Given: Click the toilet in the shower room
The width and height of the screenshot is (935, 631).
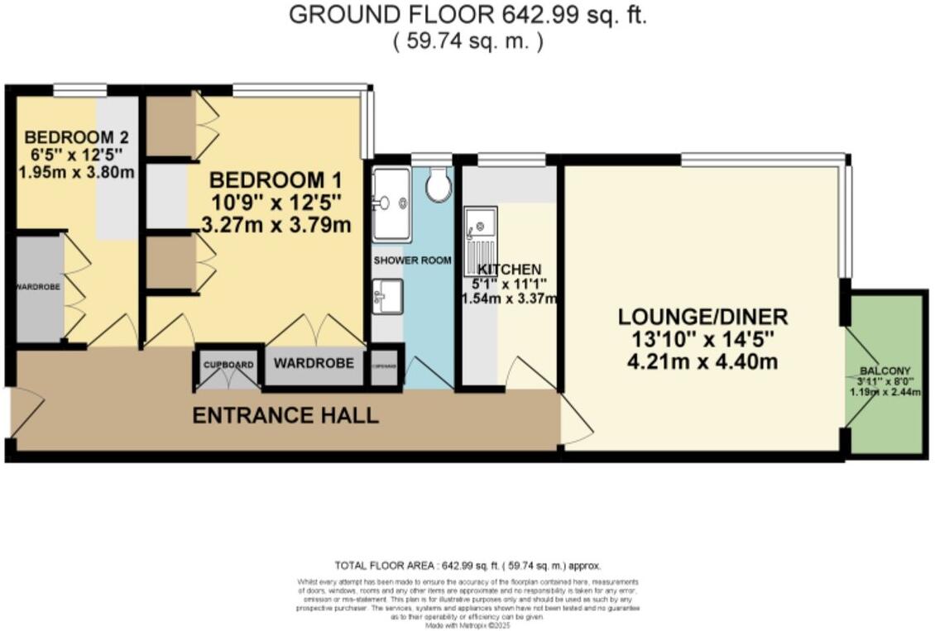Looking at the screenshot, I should pos(439,185).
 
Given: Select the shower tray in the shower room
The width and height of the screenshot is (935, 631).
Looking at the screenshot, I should pos(391,203).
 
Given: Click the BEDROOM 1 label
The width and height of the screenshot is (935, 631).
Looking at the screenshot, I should pos(276,180).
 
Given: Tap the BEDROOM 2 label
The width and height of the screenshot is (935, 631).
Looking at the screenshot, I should pos(74,137).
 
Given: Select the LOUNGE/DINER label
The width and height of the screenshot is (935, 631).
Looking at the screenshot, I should pos(703,317).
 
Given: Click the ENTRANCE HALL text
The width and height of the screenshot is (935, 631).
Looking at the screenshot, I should pos(285,415).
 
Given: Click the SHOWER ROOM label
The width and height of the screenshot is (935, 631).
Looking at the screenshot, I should pos(413,261).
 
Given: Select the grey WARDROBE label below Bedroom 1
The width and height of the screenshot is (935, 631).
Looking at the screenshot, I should pos(314,363).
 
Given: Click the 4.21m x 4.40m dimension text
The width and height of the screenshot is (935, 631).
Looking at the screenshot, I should pos(703,361).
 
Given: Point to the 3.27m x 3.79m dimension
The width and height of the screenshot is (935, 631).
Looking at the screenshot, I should pos(276,224).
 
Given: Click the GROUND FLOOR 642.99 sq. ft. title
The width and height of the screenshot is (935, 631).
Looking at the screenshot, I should pos(467,15).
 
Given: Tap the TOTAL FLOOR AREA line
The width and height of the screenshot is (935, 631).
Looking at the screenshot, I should pos(467,566).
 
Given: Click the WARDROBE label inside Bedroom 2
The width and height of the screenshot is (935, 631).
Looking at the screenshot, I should pos(37,287).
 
